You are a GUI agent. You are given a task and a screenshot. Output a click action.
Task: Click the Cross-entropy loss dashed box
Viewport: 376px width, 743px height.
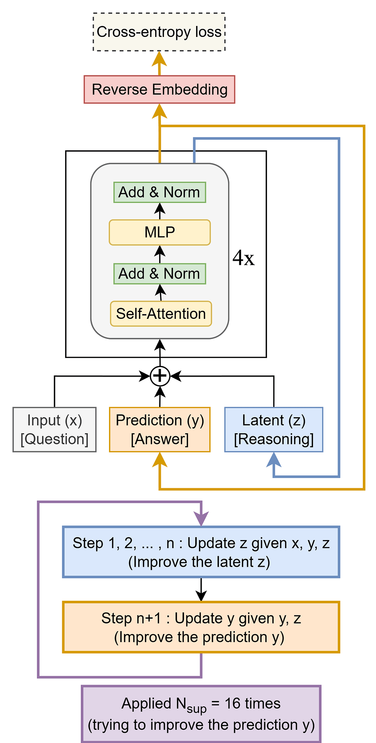pos(159,32)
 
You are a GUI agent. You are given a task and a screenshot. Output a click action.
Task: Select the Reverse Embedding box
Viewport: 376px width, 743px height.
pos(159,90)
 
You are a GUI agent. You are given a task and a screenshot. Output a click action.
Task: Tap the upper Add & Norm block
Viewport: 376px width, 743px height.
pos(159,192)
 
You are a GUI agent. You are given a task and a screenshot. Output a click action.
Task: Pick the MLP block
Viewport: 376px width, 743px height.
pos(159,232)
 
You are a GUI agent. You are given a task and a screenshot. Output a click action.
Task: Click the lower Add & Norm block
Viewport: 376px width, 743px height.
pos(159,274)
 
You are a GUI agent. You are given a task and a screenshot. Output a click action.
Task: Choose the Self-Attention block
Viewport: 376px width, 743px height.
pos(161,314)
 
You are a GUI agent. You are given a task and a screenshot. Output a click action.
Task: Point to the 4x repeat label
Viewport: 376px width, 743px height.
pos(244,259)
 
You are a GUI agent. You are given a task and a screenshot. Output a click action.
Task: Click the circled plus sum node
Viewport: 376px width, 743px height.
pos(160,376)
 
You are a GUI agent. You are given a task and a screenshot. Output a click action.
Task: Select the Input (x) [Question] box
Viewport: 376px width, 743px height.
pos(54,430)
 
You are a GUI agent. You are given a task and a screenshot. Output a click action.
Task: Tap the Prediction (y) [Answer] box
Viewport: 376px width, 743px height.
pos(159,430)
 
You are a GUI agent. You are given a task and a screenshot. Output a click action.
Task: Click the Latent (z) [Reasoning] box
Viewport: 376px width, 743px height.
pos(274,430)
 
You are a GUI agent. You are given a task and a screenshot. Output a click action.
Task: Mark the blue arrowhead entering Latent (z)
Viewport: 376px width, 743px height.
pos(274,460)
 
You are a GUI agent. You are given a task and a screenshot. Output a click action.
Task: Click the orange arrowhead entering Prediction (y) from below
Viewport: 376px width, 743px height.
pos(160,460)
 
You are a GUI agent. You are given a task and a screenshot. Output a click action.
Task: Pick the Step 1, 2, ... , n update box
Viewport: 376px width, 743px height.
pos(201,552)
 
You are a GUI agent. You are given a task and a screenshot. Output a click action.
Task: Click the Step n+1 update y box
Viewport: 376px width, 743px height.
pos(201,627)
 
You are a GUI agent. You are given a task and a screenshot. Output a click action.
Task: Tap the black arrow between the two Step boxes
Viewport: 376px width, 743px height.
pos(201,589)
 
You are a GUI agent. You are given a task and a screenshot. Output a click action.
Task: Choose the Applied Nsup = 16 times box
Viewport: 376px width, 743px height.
pos(201,714)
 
